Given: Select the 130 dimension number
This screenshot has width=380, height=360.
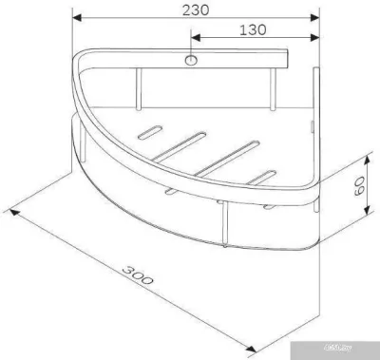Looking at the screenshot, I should point(252,28).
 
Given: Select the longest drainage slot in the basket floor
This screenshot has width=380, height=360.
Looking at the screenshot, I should point(225,156).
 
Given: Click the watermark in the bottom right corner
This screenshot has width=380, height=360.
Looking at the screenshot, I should point(358,349).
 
